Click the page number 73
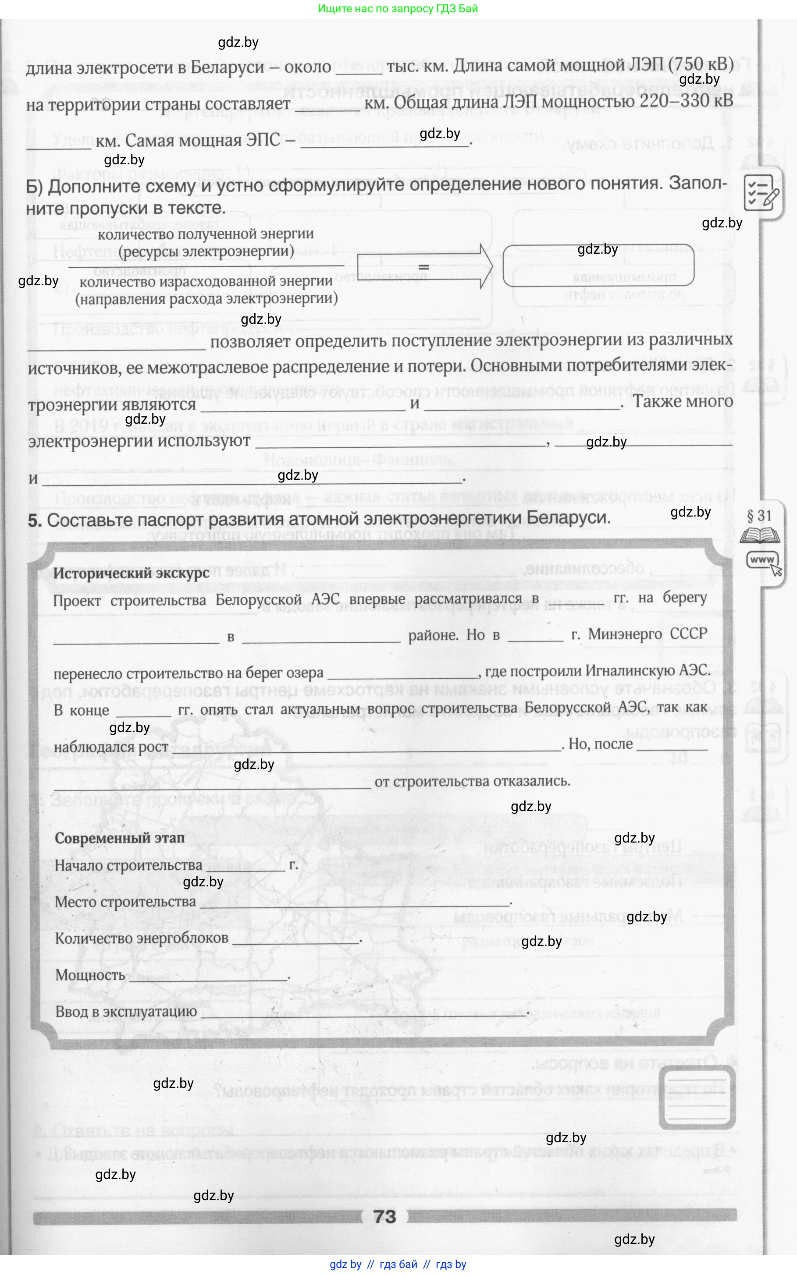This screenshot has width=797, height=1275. tap(384, 1217)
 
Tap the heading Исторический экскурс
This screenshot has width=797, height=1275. tap(131, 573)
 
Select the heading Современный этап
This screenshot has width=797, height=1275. tap(120, 838)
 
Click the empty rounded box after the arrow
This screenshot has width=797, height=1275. tap(598, 266)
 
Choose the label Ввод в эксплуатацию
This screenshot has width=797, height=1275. tap(126, 1012)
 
